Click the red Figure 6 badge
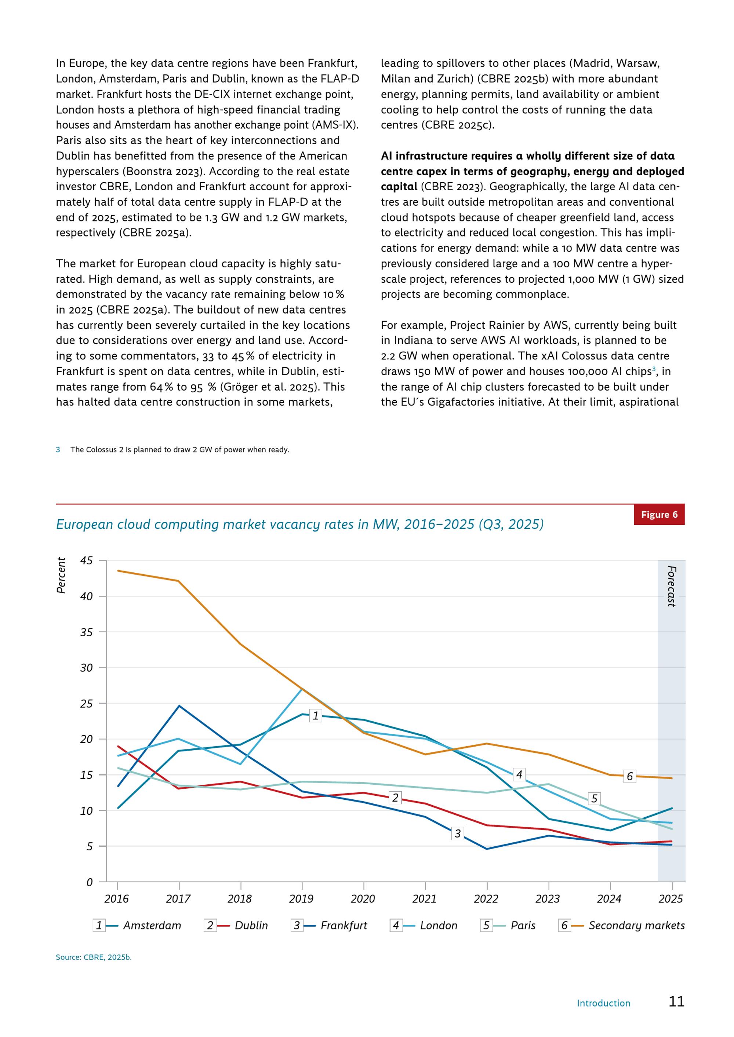[x=659, y=514]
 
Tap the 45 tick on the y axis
[x=86, y=561]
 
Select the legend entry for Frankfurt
[x=329, y=926]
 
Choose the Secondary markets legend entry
[x=621, y=926]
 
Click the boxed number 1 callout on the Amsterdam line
[x=316, y=715]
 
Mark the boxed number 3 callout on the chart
[x=457, y=833]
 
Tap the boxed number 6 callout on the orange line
[x=630, y=776]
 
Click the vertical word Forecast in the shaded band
[x=672, y=586]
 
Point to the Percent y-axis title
[x=61, y=575]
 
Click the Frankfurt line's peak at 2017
[x=179, y=706]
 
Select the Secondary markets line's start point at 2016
[x=118, y=571]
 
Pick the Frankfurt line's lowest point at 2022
[x=487, y=849]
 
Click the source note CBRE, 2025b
[x=94, y=957]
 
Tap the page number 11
[x=677, y=1001]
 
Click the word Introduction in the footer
[x=603, y=1003]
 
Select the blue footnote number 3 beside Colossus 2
[x=58, y=450]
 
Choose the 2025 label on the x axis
[x=671, y=899]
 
